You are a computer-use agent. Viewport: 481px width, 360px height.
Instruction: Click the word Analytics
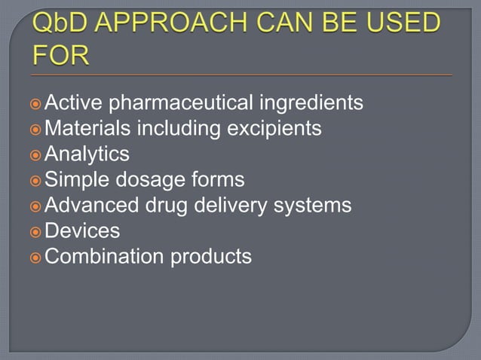[x=87, y=154]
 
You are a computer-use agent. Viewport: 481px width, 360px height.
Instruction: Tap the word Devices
[x=82, y=231]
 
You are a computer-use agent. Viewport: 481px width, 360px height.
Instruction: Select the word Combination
[x=104, y=257]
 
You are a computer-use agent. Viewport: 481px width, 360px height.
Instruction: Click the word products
[x=210, y=257]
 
